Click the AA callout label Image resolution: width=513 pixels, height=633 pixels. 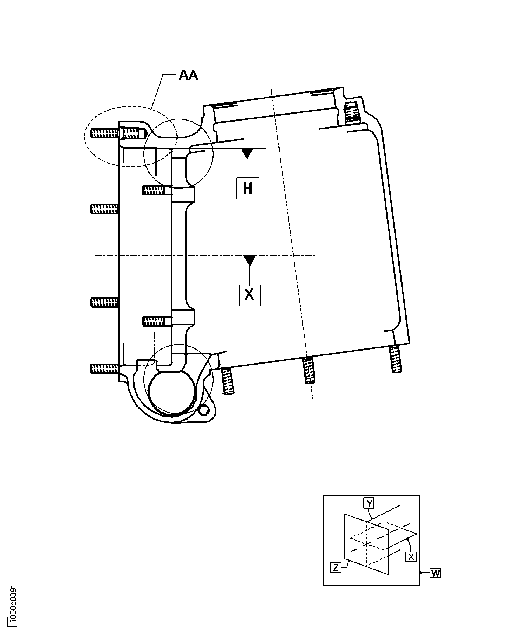pyautogui.click(x=188, y=75)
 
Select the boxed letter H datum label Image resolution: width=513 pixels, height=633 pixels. pyautogui.click(x=248, y=188)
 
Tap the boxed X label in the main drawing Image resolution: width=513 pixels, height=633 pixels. pyautogui.click(x=250, y=295)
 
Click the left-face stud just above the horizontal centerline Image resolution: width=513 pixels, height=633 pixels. pyautogui.click(x=104, y=209)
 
